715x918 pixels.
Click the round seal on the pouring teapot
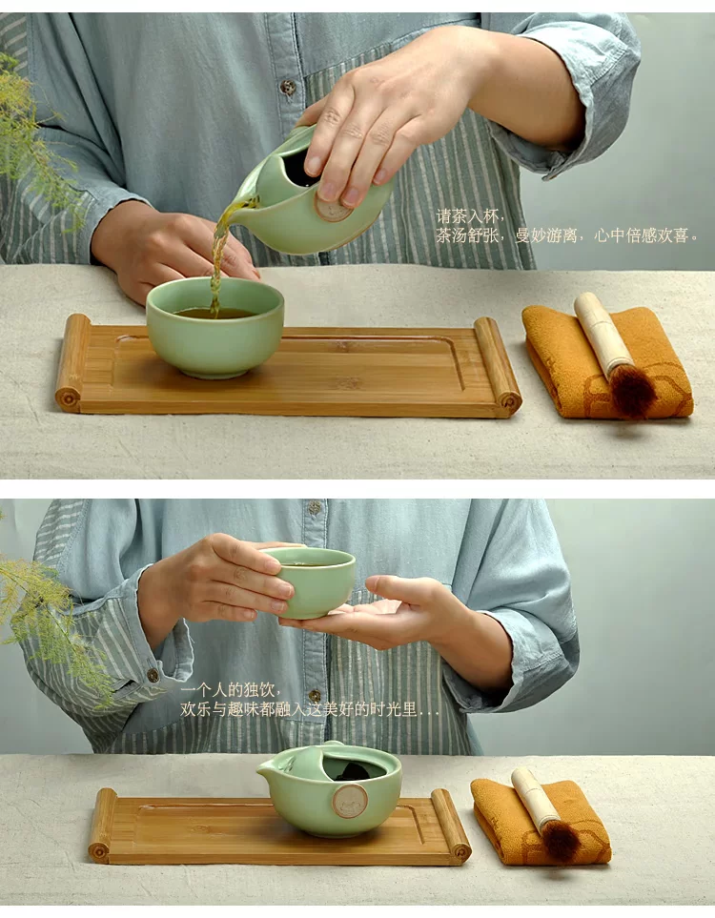(333, 207)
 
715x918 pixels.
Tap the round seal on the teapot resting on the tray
(350, 801)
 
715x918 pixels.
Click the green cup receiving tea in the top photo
(214, 327)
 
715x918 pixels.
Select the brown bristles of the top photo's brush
(632, 389)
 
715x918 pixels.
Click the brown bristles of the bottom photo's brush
(561, 840)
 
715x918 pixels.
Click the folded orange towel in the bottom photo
(540, 821)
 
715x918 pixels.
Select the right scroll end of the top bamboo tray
(499, 366)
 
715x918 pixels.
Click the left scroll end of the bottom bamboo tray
(103, 825)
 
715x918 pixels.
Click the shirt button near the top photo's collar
(288, 88)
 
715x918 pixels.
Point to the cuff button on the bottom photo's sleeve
(153, 675)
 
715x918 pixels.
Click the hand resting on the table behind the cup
(175, 252)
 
